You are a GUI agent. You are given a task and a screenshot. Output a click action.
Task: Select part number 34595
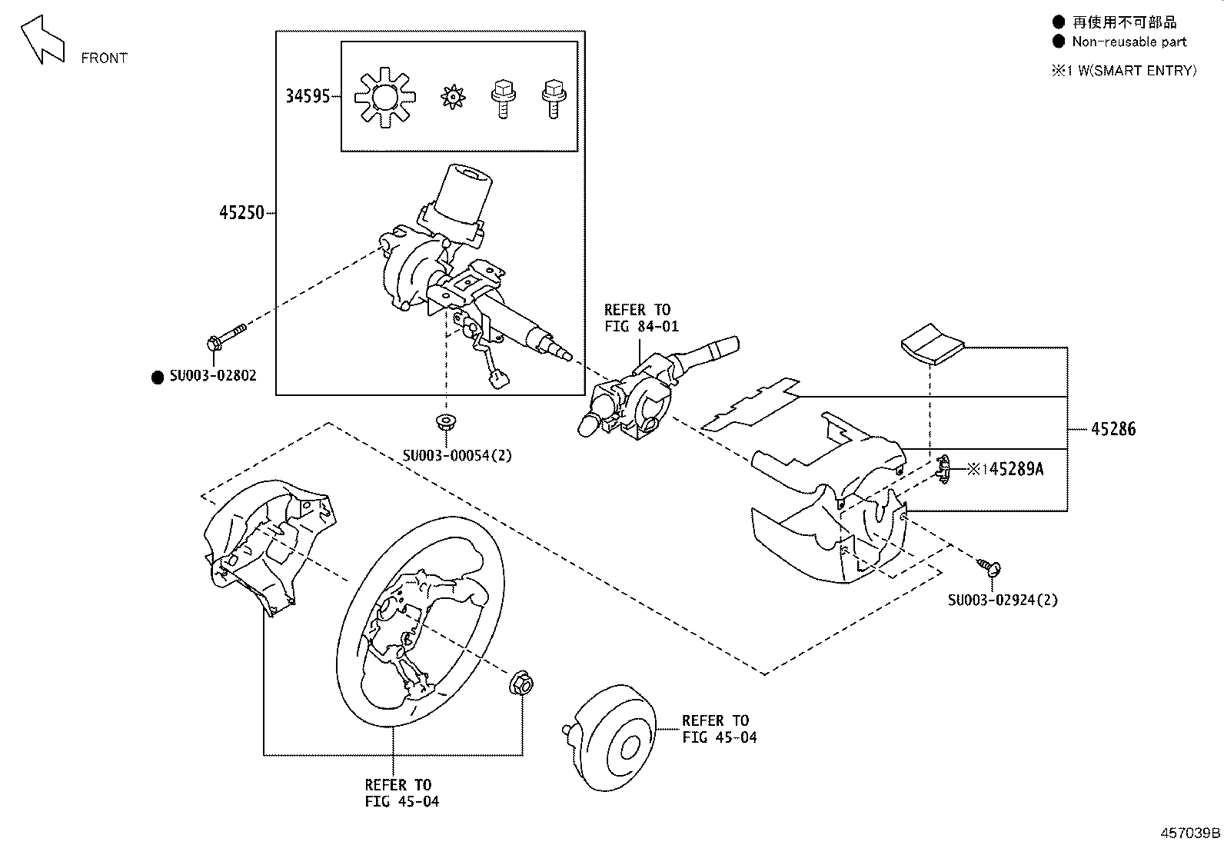[308, 96]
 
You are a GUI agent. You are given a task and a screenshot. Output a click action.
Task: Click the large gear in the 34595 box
[384, 98]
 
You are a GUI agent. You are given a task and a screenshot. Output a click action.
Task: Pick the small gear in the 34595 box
[453, 97]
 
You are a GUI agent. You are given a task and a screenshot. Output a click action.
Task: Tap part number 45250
[241, 213]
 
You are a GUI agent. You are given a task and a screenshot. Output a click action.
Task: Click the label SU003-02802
[213, 376]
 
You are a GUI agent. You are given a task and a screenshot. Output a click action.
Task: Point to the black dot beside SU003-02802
[158, 377]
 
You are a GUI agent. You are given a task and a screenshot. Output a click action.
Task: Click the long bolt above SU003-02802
[225, 338]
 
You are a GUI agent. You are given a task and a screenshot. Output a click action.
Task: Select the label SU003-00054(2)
[457, 455]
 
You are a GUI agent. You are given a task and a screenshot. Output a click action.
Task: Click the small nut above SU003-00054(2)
[445, 421]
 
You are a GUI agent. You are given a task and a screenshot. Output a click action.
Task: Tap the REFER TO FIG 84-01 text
[640, 318]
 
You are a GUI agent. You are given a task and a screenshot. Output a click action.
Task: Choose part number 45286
[1113, 429]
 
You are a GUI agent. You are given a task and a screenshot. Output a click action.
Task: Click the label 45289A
[1015, 469]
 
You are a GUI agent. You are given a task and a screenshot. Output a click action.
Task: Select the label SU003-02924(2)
[1003, 600]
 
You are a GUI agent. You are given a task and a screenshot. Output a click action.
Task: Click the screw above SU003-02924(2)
[990, 567]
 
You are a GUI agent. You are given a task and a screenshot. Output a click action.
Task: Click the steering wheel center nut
[522, 684]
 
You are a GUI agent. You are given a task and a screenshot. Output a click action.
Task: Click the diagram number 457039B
[1190, 833]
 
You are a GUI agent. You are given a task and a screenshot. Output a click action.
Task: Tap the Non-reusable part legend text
[1129, 42]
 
